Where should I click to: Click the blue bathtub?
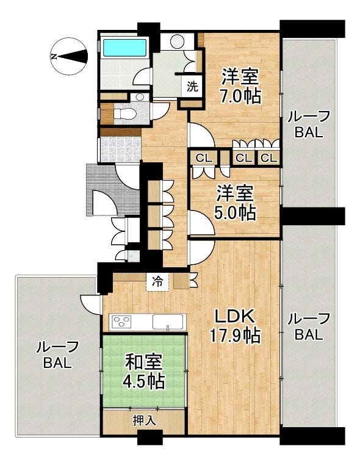point(124,48)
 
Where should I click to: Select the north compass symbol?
point(70,56)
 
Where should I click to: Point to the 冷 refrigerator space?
point(157,282)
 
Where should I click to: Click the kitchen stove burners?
point(123,322)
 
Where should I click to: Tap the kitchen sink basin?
point(168,322)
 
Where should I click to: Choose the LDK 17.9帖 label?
point(235,326)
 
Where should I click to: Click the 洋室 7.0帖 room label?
point(240,86)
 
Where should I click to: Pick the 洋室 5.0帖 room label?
point(235,203)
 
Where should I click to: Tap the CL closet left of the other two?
point(204,158)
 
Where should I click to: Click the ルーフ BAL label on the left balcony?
point(57,355)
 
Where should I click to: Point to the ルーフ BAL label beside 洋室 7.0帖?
point(308,124)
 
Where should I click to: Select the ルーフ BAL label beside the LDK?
point(308,326)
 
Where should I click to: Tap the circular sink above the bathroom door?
point(177,41)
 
